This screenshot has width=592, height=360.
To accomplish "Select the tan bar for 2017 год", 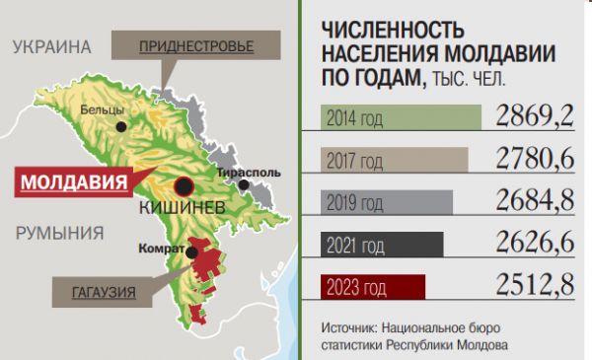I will click(395, 159).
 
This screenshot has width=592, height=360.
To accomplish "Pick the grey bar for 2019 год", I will click(387, 201).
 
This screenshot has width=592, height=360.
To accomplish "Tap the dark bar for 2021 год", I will click(383, 244).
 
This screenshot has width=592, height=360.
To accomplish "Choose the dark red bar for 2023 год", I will click(373, 287).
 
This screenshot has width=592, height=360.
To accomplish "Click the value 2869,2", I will click(536, 116).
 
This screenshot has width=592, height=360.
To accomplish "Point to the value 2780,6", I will click(536, 159).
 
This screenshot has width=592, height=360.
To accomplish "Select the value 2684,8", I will click(536, 201).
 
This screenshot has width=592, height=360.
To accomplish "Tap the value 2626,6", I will click(536, 244).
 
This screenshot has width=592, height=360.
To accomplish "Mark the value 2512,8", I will click(536, 287).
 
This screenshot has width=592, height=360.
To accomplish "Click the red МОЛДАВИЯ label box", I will click(75, 182).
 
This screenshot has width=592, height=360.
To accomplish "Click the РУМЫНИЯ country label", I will click(59, 234).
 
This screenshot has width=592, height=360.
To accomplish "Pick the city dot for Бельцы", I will click(121, 126).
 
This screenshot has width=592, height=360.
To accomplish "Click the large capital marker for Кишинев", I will click(183, 186).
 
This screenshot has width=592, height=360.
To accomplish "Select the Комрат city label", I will click(163, 248).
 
